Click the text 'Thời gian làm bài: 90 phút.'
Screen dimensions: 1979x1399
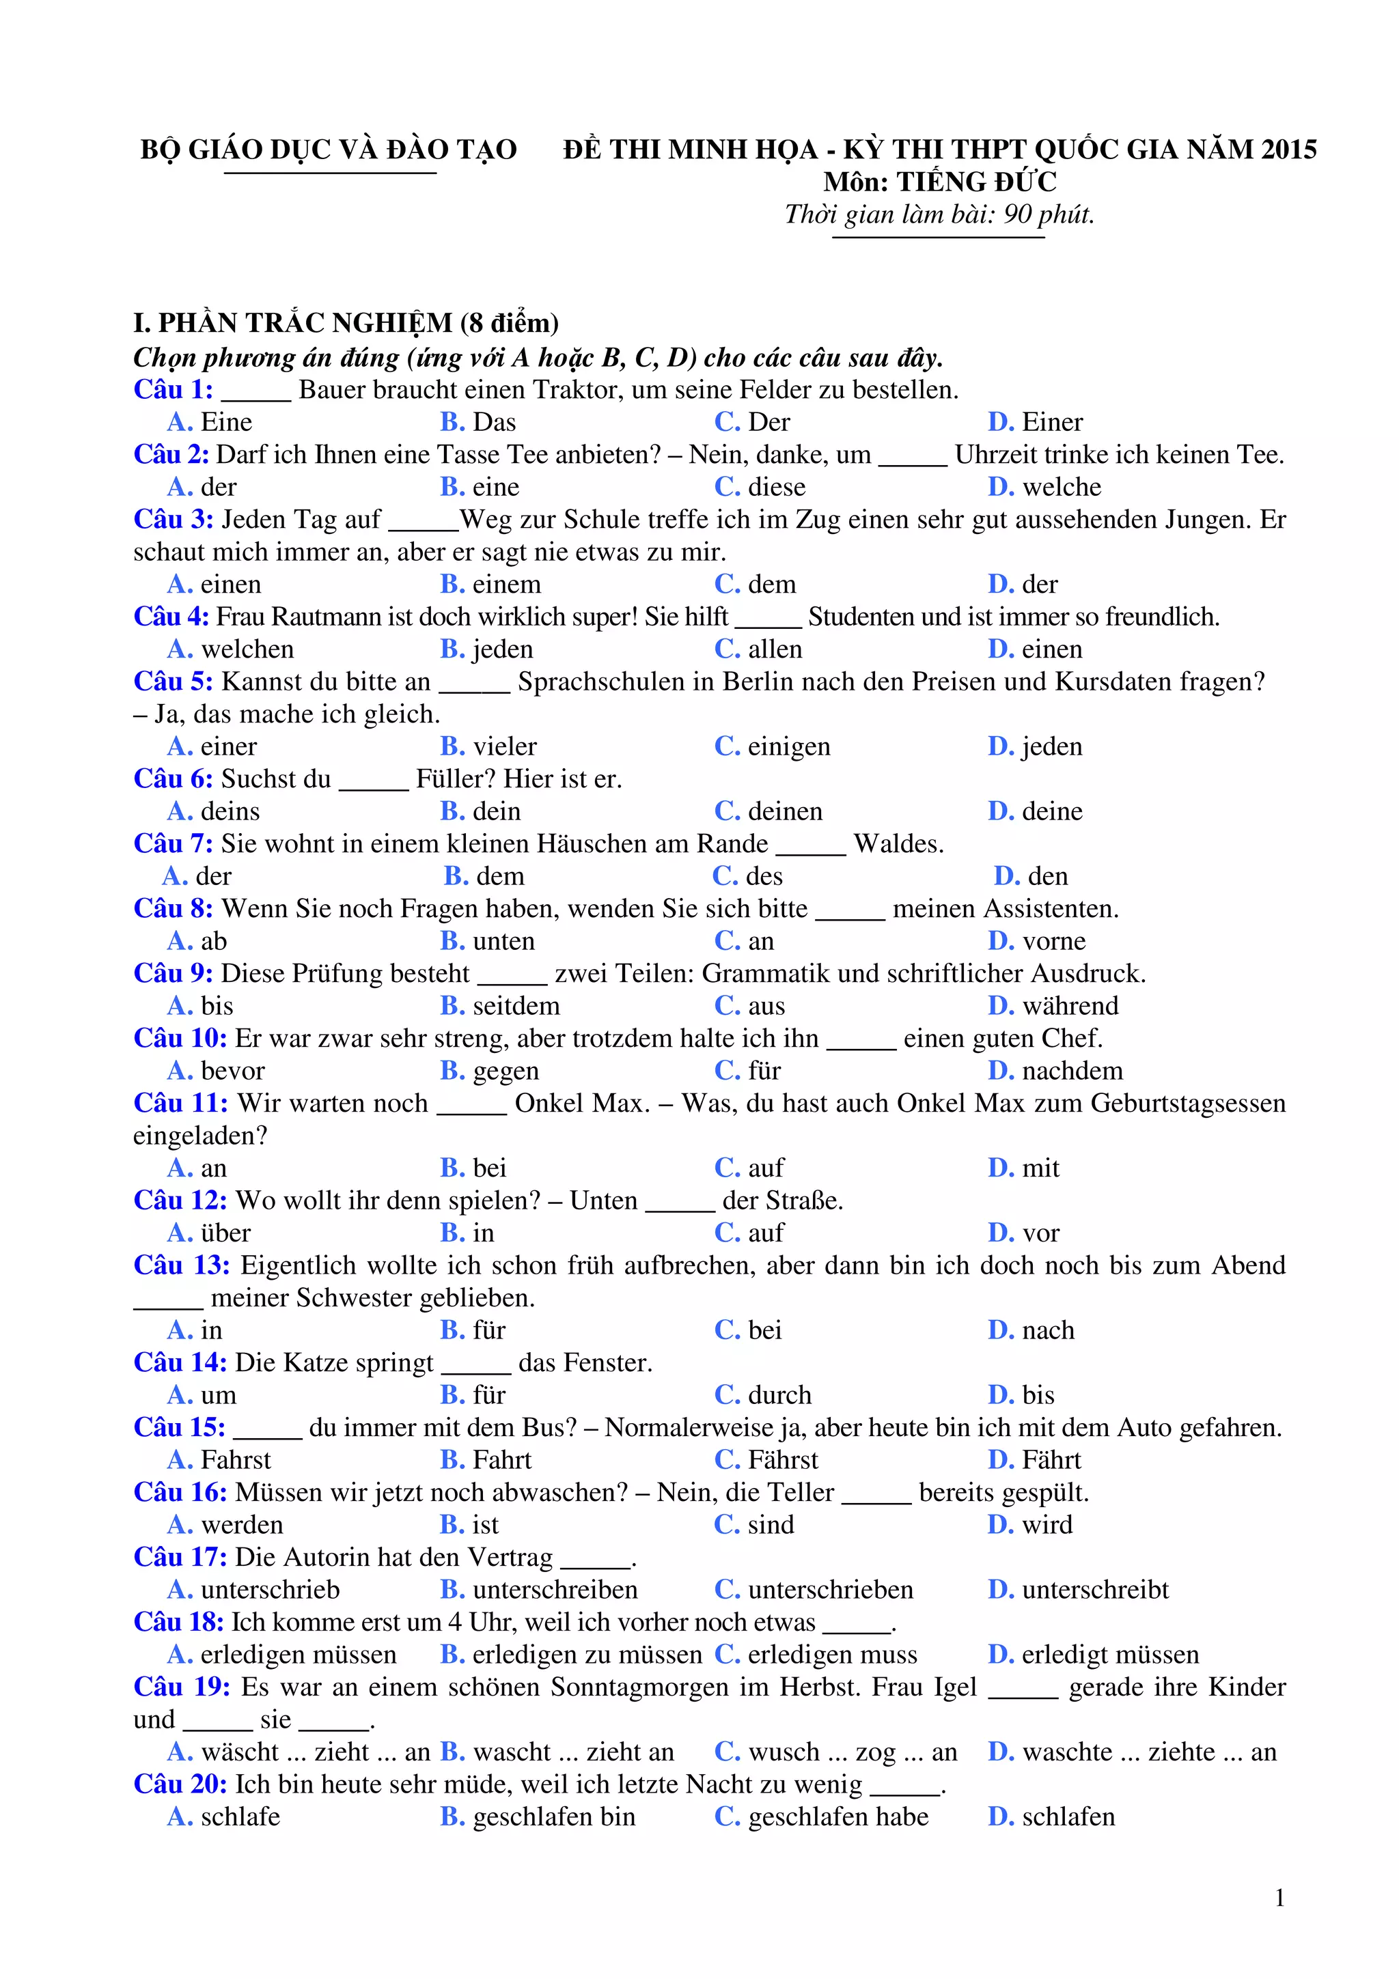pos(939,214)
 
